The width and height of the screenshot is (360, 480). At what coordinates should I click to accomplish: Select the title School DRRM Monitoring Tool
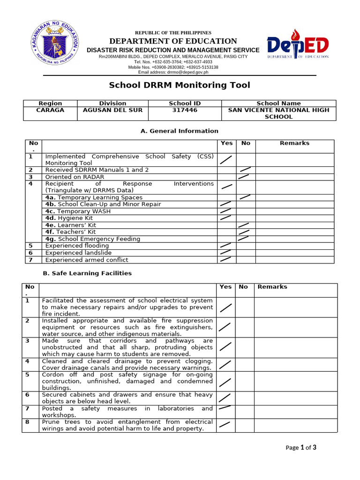click(x=180, y=85)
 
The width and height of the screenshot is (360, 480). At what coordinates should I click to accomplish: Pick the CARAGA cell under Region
click(x=50, y=110)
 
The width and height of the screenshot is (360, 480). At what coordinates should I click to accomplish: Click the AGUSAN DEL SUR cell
click(x=112, y=110)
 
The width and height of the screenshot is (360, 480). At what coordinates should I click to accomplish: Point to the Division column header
click(x=112, y=103)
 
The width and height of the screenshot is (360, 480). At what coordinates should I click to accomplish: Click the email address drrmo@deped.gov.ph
click(x=173, y=72)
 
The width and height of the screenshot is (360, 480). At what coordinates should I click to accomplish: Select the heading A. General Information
click(x=180, y=131)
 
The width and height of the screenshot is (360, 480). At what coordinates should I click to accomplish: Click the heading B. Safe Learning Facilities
click(x=87, y=273)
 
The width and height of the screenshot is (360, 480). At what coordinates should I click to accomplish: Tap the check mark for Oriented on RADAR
click(x=244, y=177)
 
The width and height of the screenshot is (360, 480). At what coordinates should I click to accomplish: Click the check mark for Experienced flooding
click(x=225, y=245)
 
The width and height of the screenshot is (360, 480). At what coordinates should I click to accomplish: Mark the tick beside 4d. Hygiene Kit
click(x=225, y=217)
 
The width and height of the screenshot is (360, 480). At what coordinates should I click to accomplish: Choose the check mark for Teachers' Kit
click(x=244, y=232)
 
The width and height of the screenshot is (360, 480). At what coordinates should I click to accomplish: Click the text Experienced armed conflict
click(x=87, y=260)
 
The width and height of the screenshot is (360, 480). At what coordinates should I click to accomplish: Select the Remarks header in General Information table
click(x=294, y=143)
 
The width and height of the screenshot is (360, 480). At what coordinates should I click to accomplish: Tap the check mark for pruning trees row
click(x=225, y=425)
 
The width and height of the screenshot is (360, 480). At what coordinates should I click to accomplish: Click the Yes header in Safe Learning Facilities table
click(x=225, y=287)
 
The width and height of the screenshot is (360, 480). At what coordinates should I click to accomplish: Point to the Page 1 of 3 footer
click(x=301, y=447)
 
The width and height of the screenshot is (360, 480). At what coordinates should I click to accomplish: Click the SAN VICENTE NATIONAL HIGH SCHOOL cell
click(x=278, y=113)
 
